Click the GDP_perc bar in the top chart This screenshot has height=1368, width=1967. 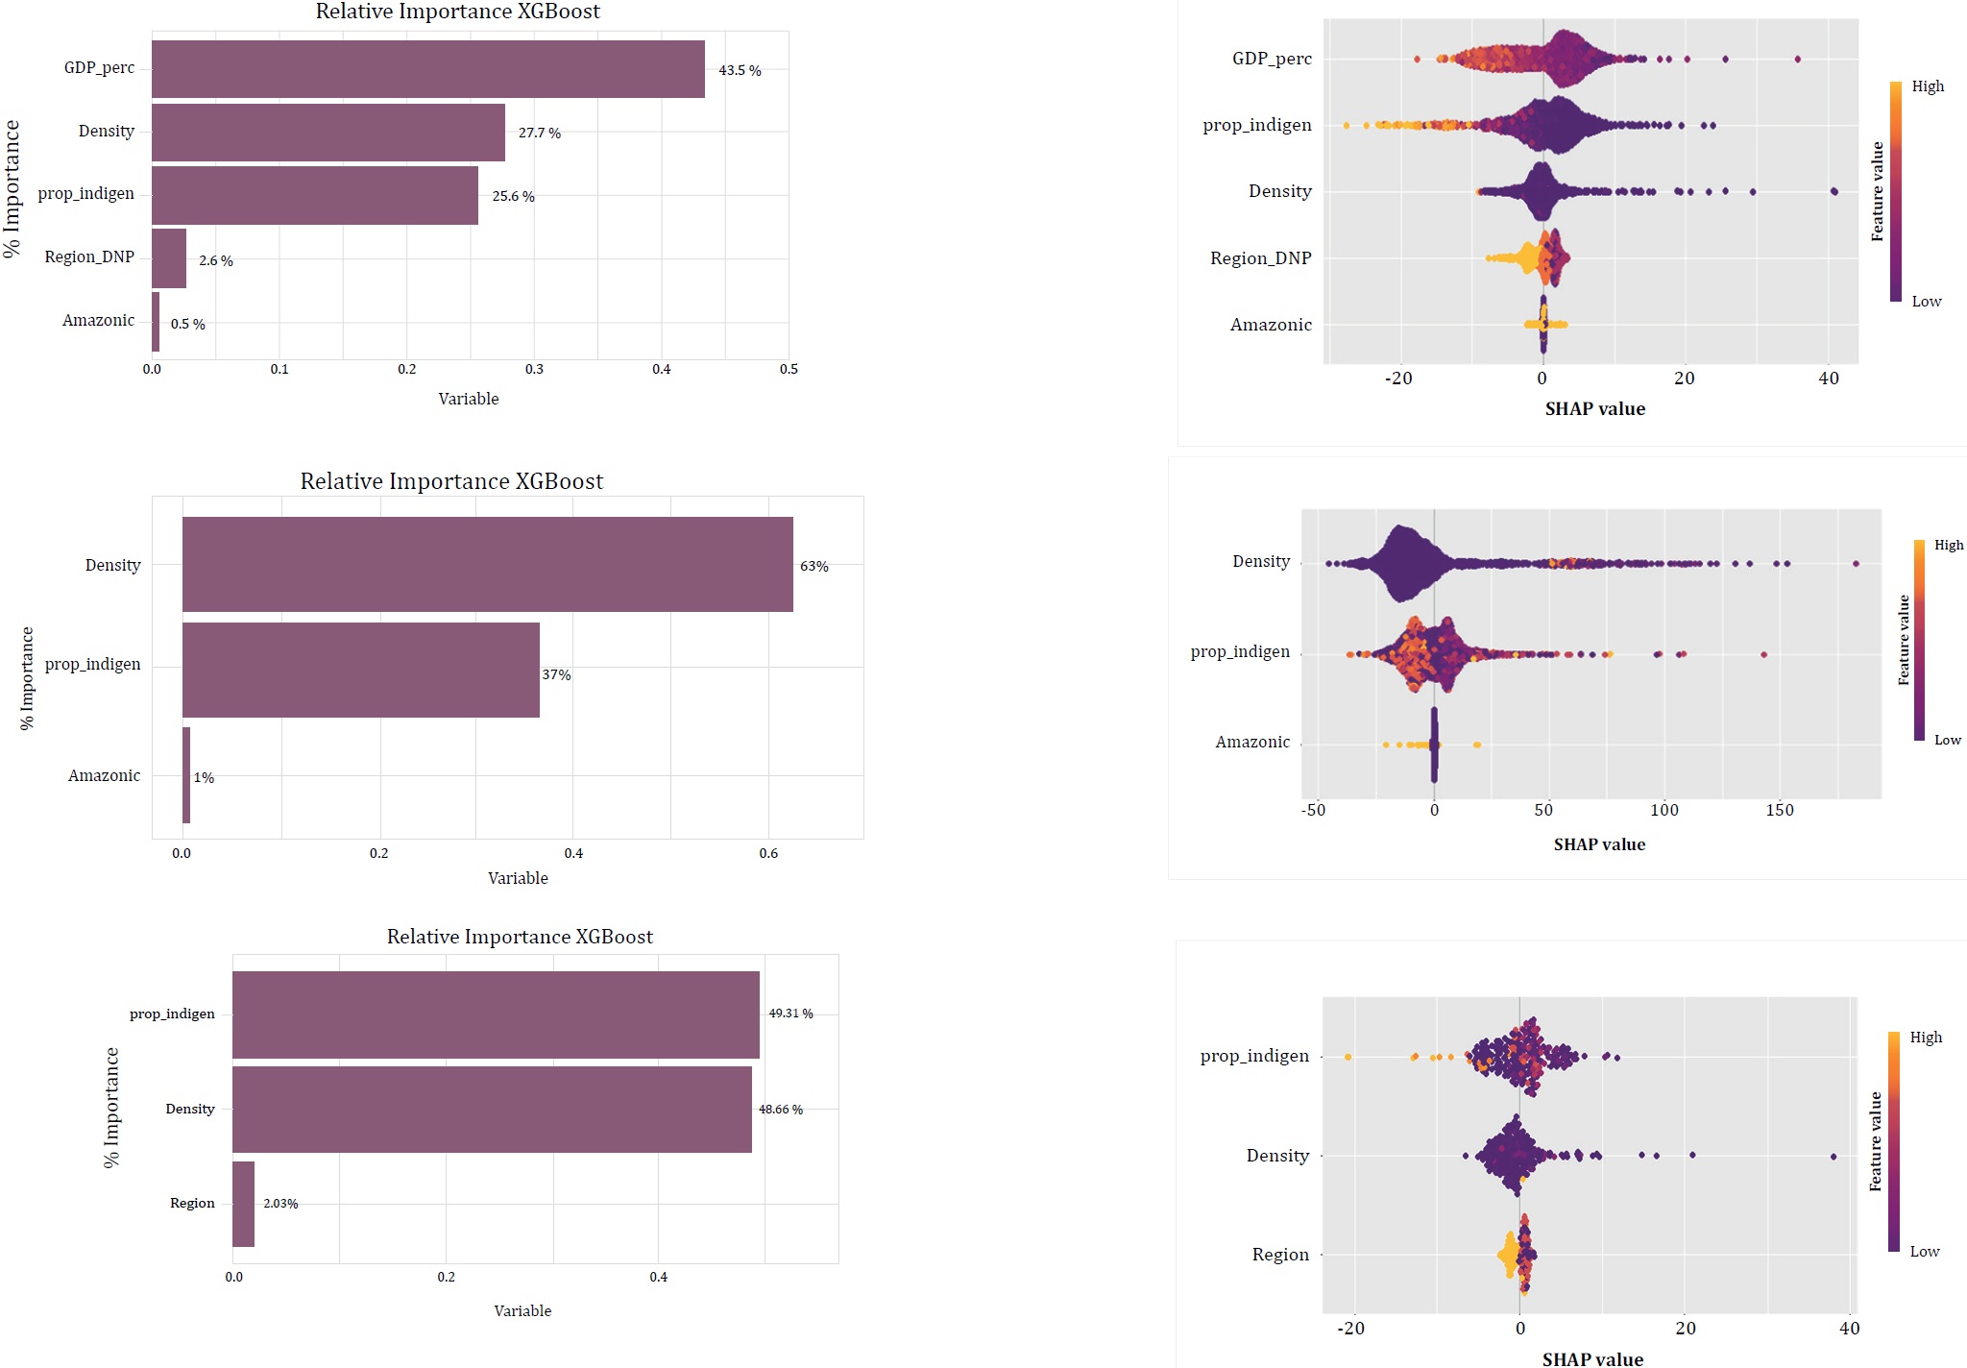(x=427, y=68)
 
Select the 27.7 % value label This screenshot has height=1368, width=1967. (x=539, y=133)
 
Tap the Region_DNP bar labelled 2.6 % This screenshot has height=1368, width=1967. (x=169, y=257)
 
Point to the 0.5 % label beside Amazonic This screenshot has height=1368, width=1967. (x=187, y=325)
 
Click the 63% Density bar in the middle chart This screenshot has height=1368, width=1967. (x=487, y=564)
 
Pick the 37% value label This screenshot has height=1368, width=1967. (x=556, y=675)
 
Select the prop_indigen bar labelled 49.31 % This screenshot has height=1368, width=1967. (x=496, y=1014)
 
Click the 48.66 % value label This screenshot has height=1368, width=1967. (x=780, y=1110)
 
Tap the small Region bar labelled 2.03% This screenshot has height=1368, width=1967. (x=243, y=1204)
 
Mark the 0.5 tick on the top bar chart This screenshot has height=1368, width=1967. (x=789, y=370)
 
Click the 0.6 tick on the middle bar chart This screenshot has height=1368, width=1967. (x=768, y=854)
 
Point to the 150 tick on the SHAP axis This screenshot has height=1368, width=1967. (x=1780, y=811)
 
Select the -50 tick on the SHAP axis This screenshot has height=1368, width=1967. (x=1313, y=811)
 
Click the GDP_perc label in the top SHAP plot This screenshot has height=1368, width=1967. (x=1272, y=59)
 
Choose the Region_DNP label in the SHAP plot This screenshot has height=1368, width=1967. (x=1260, y=258)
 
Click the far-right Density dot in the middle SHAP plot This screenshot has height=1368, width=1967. (x=1856, y=564)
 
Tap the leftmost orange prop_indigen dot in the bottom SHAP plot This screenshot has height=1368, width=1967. (x=1348, y=1057)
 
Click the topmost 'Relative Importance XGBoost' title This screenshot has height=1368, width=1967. (x=457, y=12)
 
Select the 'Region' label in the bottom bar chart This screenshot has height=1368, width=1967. (x=192, y=1204)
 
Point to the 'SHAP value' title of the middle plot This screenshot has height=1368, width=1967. (x=1599, y=845)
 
